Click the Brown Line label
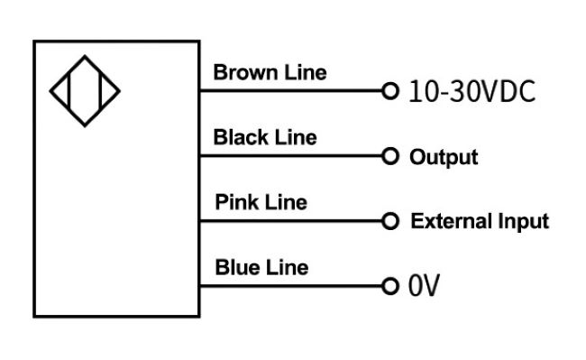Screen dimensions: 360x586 click(270, 72)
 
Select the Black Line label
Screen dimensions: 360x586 click(265, 138)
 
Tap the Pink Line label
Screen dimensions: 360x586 click(261, 202)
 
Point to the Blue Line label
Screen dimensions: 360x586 click(261, 267)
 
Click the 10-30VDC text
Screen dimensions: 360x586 click(472, 91)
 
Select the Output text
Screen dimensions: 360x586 click(444, 157)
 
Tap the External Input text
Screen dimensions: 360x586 click(479, 222)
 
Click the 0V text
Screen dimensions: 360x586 click(424, 287)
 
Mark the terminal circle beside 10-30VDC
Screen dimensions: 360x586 click(389, 91)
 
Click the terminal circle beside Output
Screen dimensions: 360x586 click(389, 156)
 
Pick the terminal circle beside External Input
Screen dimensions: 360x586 click(389, 221)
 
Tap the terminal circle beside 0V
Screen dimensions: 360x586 click(389, 287)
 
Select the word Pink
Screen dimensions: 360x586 click(238, 202)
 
